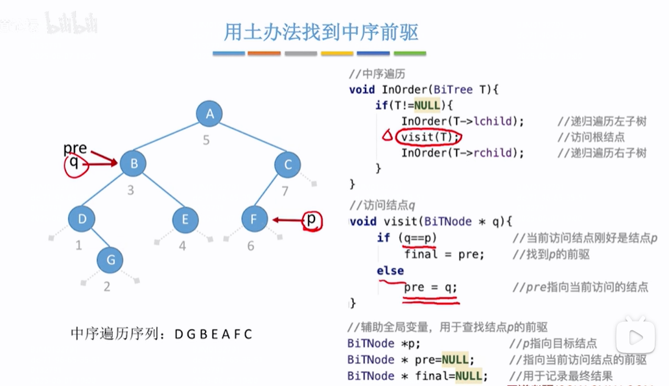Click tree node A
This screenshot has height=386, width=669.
209,115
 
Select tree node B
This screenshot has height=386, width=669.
134,164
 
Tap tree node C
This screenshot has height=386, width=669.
288,164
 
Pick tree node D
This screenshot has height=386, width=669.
82,219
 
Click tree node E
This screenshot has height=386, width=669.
185,219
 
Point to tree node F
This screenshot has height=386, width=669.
253,219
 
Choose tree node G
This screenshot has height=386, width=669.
110,260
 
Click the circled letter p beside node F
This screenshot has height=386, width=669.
312,220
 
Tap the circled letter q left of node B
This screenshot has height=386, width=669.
74,165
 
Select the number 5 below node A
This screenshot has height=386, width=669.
206,139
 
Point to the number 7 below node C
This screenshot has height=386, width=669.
284,191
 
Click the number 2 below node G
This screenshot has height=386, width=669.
108,287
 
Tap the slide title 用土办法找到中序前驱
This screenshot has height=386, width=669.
321,31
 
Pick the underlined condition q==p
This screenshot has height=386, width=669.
419,238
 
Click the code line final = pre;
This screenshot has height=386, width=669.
444,254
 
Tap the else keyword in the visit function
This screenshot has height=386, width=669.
390,271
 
